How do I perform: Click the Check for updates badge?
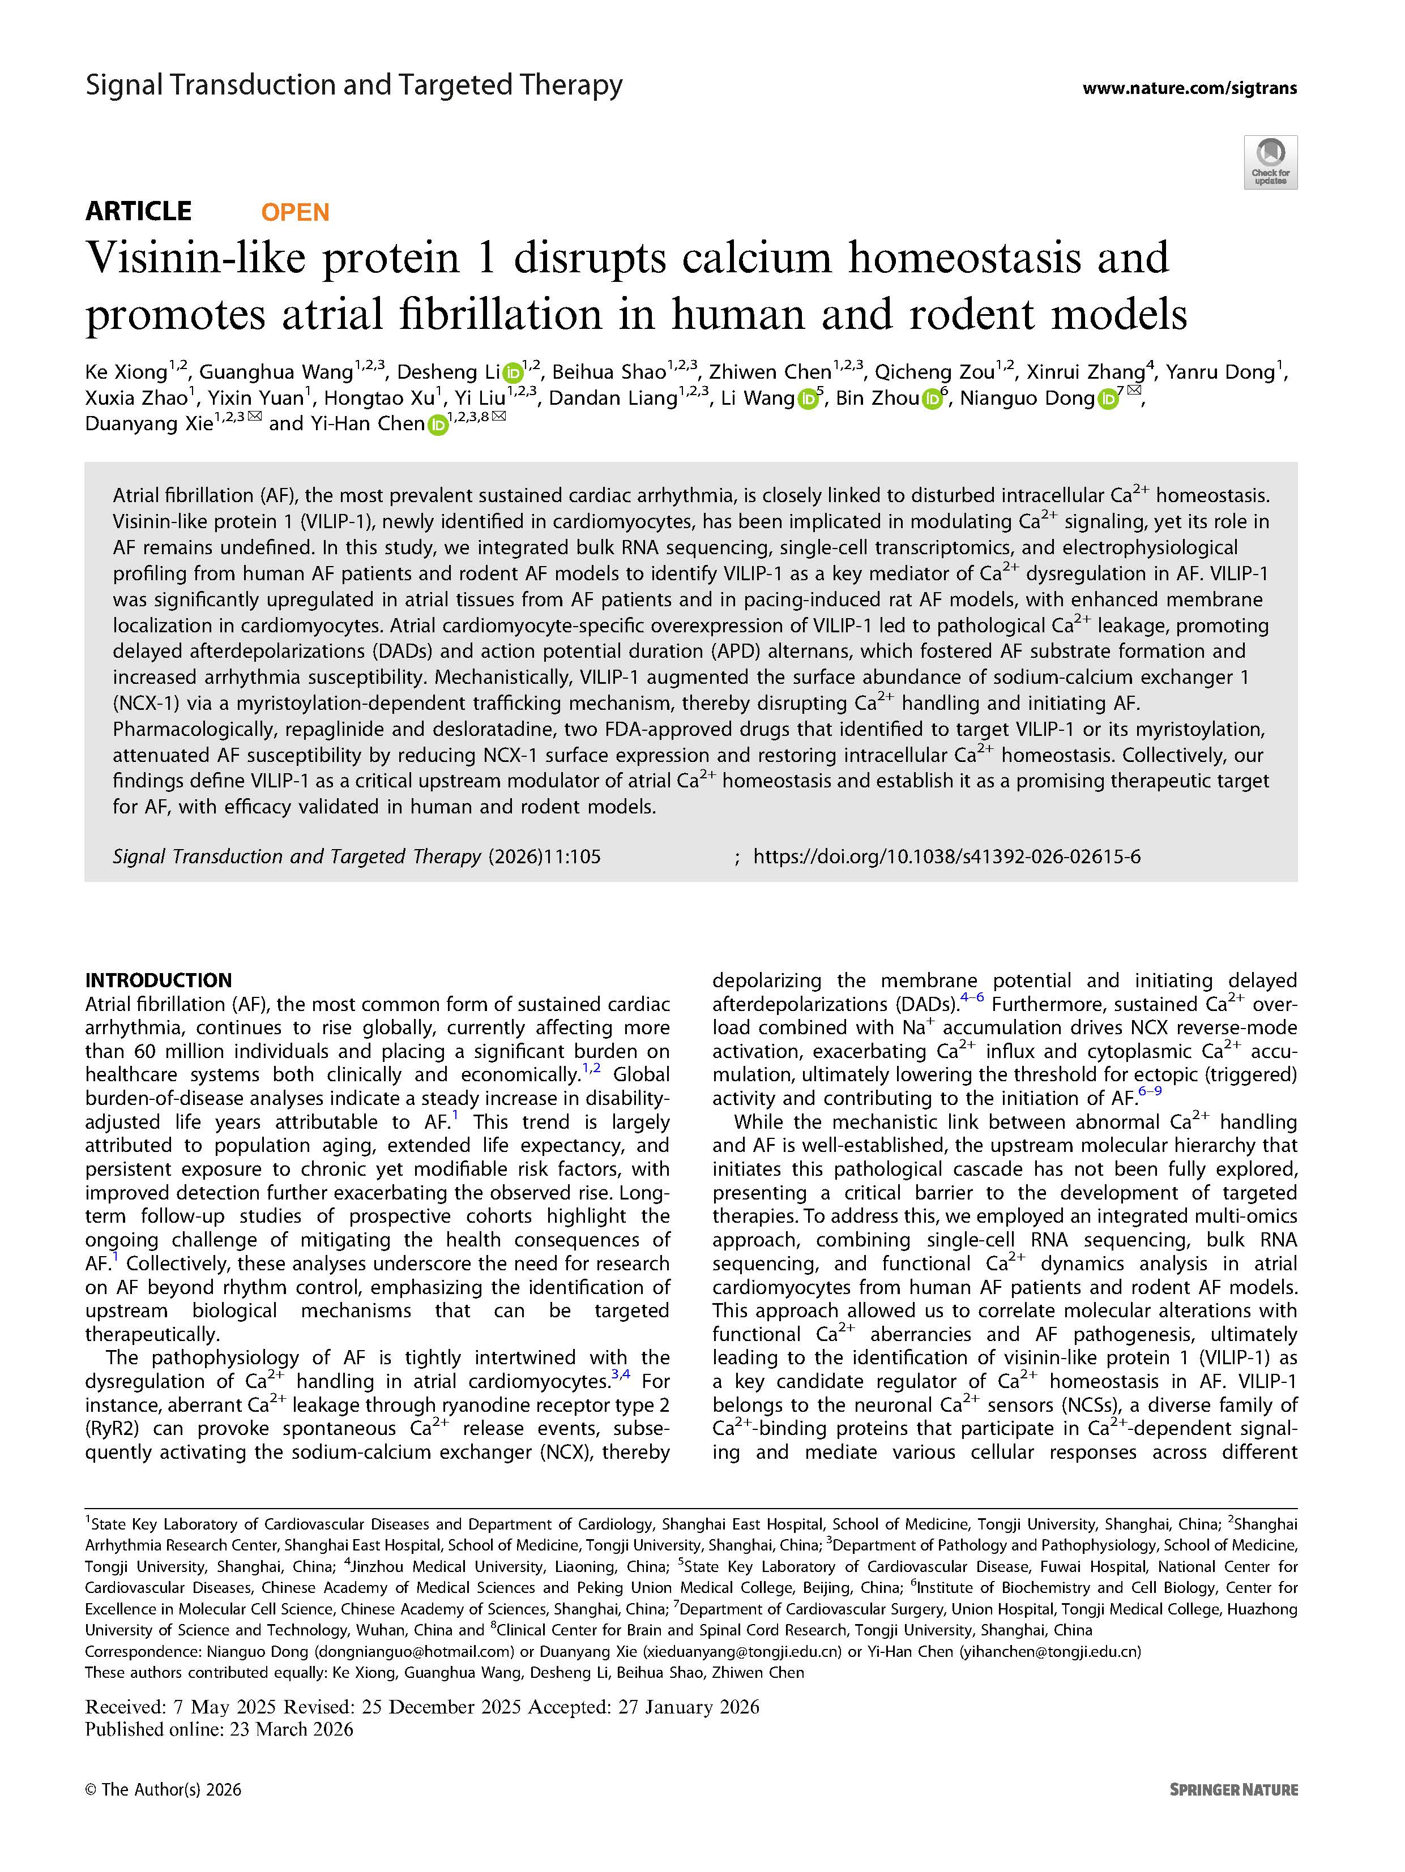coord(1270,162)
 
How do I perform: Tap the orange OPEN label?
coord(294,212)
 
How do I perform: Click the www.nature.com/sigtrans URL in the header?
coord(1189,88)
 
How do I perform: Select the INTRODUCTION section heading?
coord(158,980)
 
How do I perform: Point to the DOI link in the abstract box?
coord(946,856)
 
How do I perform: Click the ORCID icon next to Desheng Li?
coord(512,373)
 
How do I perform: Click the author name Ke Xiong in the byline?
coord(126,372)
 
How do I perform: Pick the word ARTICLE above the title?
coord(138,211)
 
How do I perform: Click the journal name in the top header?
coord(354,85)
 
